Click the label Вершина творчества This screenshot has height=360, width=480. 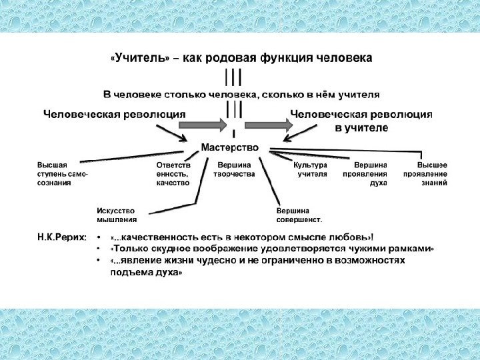(x=234, y=169)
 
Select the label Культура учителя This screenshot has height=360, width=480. (x=311, y=169)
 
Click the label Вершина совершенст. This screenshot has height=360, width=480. (x=299, y=214)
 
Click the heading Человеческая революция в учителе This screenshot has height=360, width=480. (x=362, y=120)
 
